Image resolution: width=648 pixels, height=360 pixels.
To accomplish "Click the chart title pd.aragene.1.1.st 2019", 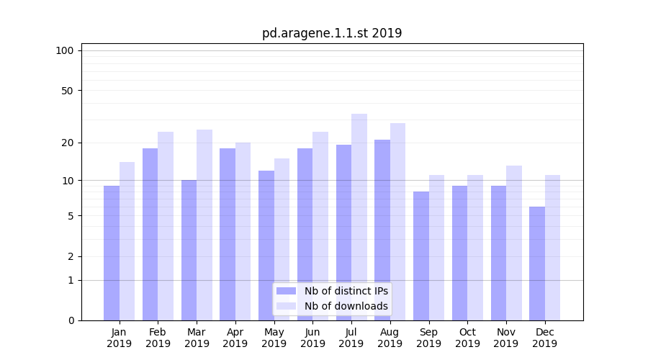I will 332,33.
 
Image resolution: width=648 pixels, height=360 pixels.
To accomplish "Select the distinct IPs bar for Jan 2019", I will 112,253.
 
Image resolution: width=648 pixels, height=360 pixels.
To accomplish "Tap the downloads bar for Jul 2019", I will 359,217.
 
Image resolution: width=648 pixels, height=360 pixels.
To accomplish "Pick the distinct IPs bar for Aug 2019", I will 382,230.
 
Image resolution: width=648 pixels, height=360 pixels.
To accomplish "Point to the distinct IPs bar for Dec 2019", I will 537,264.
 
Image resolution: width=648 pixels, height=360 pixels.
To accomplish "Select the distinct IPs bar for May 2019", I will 266,246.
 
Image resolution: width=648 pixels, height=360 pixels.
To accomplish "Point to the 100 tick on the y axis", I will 65,50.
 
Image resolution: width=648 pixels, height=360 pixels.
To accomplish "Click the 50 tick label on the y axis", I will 68,91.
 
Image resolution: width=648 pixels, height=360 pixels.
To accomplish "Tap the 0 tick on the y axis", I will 71,320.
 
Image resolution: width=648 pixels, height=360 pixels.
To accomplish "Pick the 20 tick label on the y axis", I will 68,143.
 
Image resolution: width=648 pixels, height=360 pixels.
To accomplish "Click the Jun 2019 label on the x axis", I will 312,338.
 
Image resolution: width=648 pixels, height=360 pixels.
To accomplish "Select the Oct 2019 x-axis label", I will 467,338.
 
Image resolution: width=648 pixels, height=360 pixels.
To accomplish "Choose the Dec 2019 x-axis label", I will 544,338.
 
